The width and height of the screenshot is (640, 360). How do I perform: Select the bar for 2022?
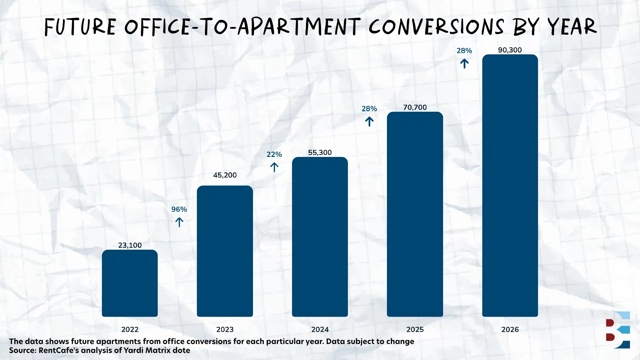tap(130, 283)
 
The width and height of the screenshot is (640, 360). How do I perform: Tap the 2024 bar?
tap(320, 237)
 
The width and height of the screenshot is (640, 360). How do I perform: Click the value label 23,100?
tap(130, 245)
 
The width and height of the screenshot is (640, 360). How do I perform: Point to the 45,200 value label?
tap(225, 175)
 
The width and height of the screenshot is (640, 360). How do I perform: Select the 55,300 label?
tap(320, 153)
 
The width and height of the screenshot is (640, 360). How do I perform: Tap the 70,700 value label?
tap(415, 107)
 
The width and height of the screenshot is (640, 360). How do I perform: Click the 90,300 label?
tap(510, 50)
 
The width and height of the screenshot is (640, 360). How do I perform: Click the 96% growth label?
tap(179, 209)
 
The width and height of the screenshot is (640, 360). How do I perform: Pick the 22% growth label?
tap(274, 154)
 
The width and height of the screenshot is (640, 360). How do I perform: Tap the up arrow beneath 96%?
tap(179, 222)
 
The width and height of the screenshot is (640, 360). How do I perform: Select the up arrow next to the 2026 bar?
tap(464, 63)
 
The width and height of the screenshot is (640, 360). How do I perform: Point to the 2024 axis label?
tap(320, 329)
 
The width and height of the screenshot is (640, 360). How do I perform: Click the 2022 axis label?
tap(130, 329)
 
